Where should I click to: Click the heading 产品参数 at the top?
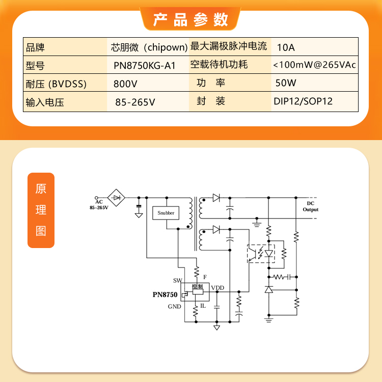pyautogui.click(x=190, y=19)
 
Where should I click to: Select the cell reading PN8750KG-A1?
pyautogui.click(x=145, y=66)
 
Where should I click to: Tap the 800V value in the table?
pyautogui.click(x=125, y=84)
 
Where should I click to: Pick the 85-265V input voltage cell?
pyautogui.click(x=135, y=102)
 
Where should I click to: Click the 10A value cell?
pyautogui.click(x=286, y=47)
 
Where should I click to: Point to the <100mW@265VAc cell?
pyautogui.click(x=314, y=65)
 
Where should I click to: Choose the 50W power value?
pyautogui.click(x=286, y=83)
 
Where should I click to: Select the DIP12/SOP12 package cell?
pyautogui.click(x=303, y=101)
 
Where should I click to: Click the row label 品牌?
pyautogui.click(x=35, y=47)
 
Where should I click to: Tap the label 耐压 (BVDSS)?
pyautogui.click(x=56, y=84)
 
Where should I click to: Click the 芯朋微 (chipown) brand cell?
pyautogui.click(x=149, y=47)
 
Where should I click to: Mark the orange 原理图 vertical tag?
pyautogui.click(x=41, y=210)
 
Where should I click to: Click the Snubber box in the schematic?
pyautogui.click(x=166, y=213)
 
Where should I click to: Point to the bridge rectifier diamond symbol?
pyautogui.click(x=116, y=198)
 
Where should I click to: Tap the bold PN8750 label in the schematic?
pyautogui.click(x=165, y=294)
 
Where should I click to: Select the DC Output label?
pyautogui.click(x=311, y=206)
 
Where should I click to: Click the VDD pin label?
pyautogui.click(x=217, y=288)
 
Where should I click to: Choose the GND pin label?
pyautogui.click(x=174, y=307)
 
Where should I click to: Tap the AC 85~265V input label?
pyautogui.click(x=99, y=205)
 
